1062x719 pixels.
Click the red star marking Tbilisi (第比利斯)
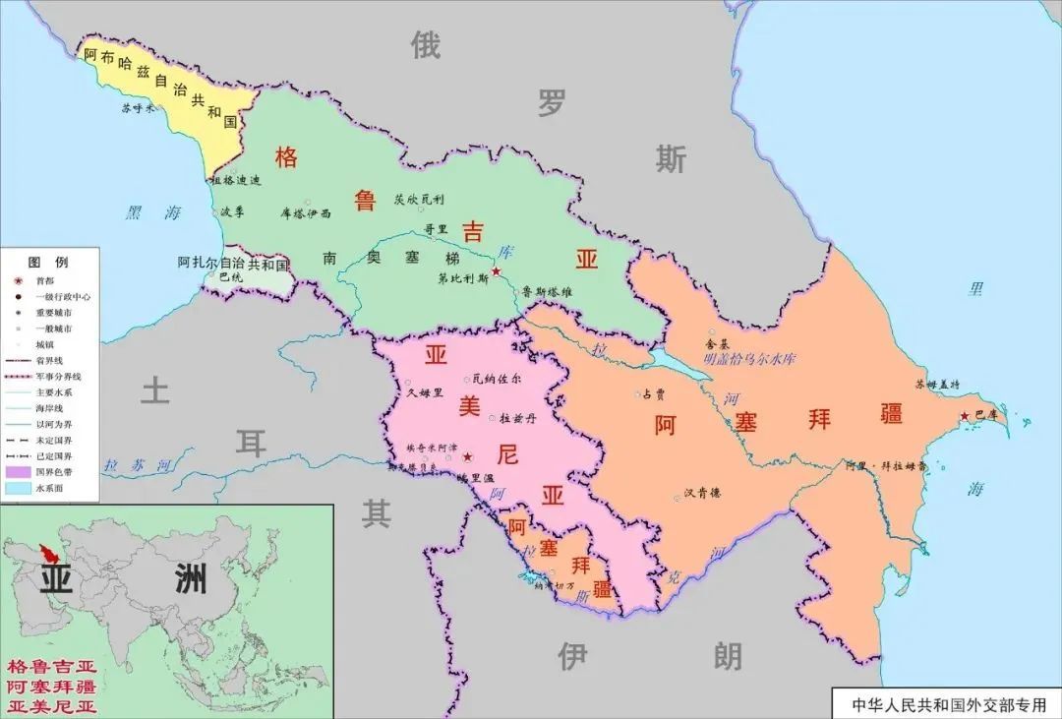coord(496,270)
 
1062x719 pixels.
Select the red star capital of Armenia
coord(467,456)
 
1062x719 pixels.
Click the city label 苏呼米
coord(138,108)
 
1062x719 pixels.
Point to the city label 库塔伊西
coord(306,212)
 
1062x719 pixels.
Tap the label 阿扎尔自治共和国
coord(233,264)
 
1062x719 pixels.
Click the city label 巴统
coord(230,277)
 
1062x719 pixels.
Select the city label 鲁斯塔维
coord(547,291)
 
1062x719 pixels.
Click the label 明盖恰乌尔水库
coord(749,360)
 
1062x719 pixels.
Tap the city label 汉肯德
coord(702,494)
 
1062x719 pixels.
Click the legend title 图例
coord(47,262)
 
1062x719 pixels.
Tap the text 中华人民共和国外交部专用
coord(945,705)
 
